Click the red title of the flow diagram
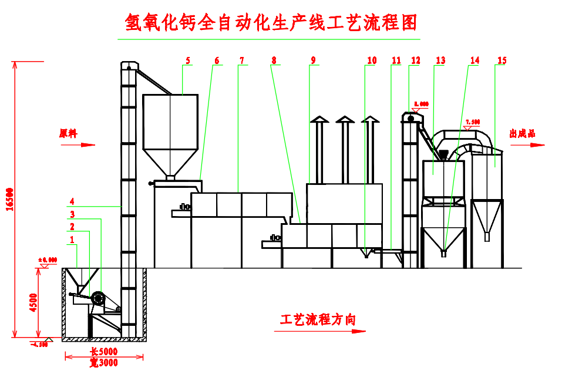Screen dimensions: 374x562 point(271,23)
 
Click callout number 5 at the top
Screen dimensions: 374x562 point(187,60)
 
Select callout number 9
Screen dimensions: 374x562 point(314,60)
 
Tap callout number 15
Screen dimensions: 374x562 point(502,60)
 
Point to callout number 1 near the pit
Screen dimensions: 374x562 point(72,240)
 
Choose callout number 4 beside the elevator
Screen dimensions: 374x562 point(72,201)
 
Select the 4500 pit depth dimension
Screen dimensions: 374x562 point(33,302)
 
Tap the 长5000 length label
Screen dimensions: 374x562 point(104,352)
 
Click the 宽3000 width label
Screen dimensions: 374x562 point(104,363)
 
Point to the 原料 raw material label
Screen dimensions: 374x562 point(69,133)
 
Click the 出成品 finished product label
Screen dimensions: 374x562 point(522,134)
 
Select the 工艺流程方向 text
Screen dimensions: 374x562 point(318,319)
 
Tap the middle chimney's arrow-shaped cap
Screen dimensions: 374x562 point(344,120)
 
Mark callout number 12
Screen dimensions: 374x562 point(416,60)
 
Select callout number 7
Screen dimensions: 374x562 point(241,60)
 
